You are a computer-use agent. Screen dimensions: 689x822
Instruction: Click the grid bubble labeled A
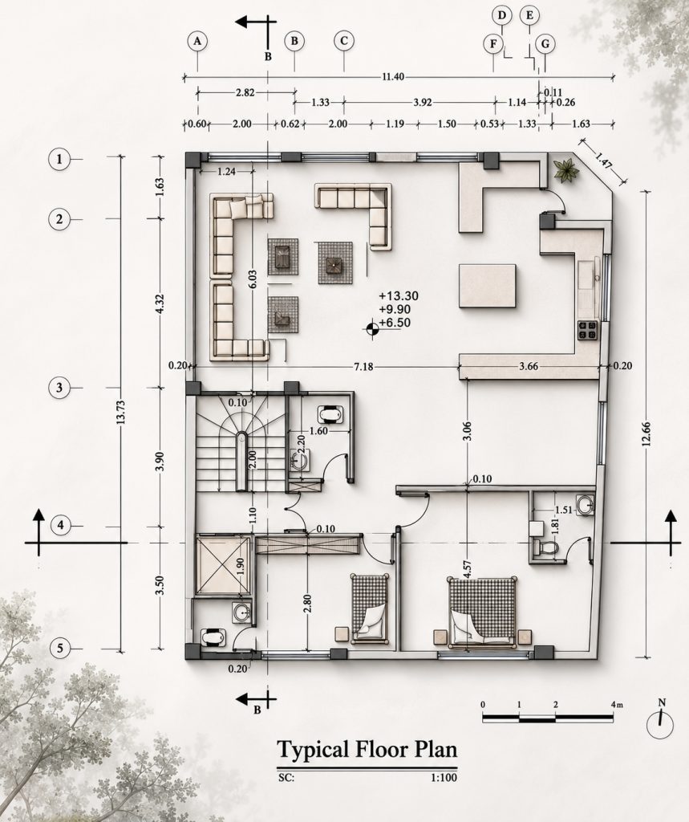(197, 42)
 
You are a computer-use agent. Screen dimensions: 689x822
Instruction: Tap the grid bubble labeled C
(344, 41)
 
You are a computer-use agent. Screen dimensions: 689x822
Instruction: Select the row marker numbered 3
(59, 388)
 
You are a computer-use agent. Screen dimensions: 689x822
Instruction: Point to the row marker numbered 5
(59, 649)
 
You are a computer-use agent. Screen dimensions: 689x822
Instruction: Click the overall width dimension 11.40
(393, 77)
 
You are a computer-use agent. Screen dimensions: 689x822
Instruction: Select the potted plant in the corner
(565, 170)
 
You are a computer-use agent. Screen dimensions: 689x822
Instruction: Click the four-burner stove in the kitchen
(587, 331)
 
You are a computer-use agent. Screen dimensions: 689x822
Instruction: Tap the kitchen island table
(488, 286)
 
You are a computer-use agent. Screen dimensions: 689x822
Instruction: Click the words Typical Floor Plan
(367, 751)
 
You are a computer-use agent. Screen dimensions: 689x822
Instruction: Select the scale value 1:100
(444, 777)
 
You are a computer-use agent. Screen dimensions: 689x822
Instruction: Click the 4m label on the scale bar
(617, 705)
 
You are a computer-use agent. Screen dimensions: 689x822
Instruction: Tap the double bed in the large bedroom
(482, 611)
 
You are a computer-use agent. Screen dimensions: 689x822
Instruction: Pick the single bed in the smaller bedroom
(370, 608)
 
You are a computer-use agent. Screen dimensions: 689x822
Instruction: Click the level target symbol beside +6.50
(371, 329)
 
